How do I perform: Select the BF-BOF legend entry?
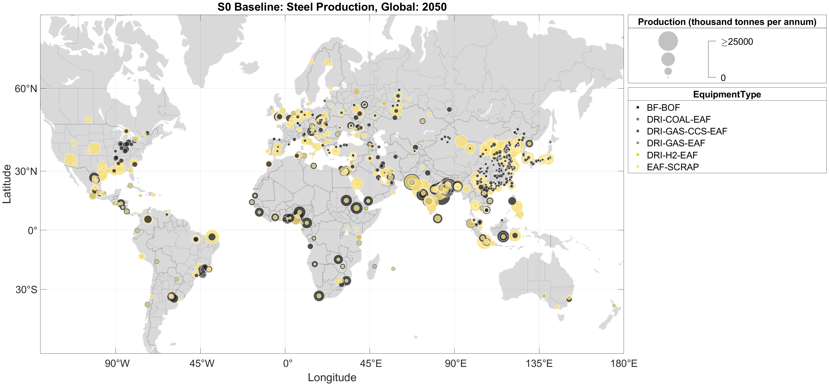[x=663, y=108]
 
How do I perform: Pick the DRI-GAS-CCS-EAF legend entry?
[x=687, y=131]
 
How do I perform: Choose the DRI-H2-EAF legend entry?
[x=672, y=155]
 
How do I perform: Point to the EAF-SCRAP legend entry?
[x=673, y=167]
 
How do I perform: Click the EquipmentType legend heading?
[x=727, y=95]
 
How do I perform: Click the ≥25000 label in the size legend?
[x=737, y=42]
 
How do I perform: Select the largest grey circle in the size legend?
[x=668, y=41]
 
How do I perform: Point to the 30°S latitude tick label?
[x=26, y=289]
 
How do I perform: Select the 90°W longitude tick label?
[x=117, y=364]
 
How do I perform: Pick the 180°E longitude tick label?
[x=624, y=364]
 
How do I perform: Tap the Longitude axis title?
[x=332, y=377]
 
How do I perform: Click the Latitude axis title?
[x=7, y=184]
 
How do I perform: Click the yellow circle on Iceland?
[x=244, y=72]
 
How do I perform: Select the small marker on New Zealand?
[x=614, y=306]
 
